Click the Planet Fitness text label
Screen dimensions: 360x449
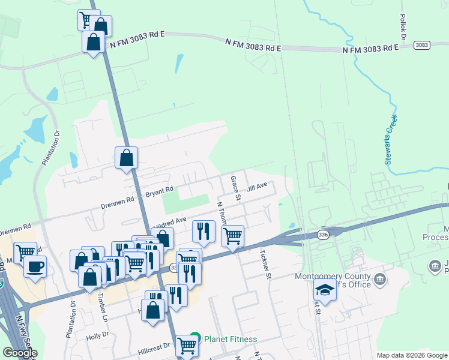(231, 340)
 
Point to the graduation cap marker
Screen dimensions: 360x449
(325, 290)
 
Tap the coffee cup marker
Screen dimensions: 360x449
(35, 266)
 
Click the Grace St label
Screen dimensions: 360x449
(237, 188)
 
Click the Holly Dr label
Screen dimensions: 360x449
(97, 336)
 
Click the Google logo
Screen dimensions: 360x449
(20, 353)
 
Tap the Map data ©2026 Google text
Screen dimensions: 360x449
(412, 355)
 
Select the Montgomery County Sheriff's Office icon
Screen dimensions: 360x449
(380, 279)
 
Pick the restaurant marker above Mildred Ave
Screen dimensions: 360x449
(203, 231)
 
